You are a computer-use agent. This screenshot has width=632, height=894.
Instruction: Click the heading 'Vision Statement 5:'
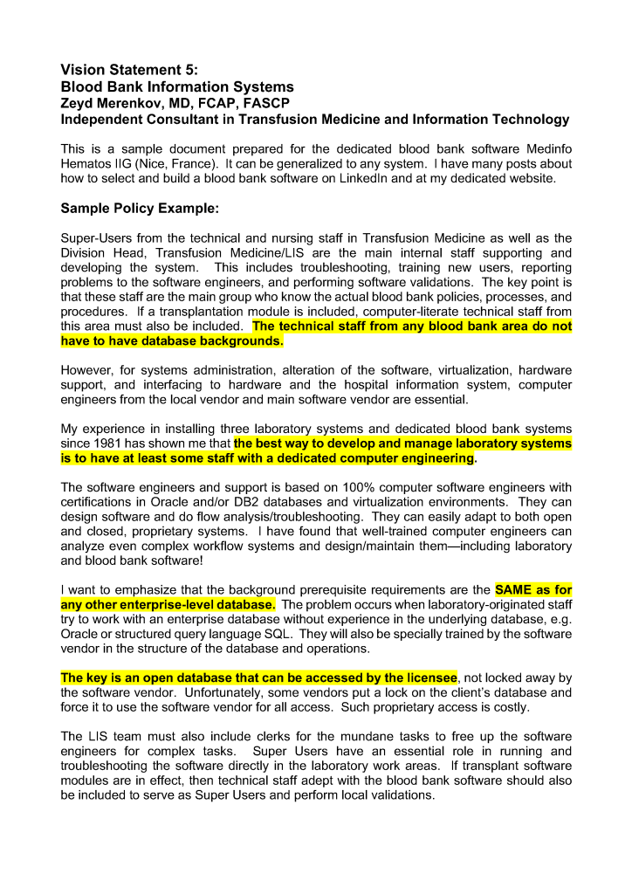tap(129, 70)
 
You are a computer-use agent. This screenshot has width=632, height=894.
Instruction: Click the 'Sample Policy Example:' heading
tap(139, 209)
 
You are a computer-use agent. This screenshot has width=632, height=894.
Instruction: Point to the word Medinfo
tap(545, 148)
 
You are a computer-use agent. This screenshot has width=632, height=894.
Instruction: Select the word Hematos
tap(86, 163)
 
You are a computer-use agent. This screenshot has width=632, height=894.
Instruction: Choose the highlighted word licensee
tap(429, 677)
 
